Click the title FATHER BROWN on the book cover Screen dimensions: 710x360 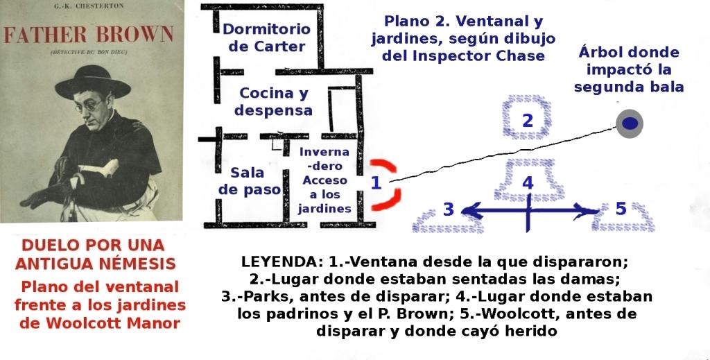click(x=89, y=35)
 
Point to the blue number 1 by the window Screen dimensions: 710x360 click(x=375, y=183)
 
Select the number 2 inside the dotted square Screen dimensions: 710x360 click(x=527, y=120)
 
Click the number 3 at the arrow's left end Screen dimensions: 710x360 click(x=449, y=209)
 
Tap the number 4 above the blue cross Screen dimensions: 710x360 click(x=528, y=184)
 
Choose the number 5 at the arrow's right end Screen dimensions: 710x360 click(x=621, y=208)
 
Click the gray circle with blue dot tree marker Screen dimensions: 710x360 click(x=629, y=123)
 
